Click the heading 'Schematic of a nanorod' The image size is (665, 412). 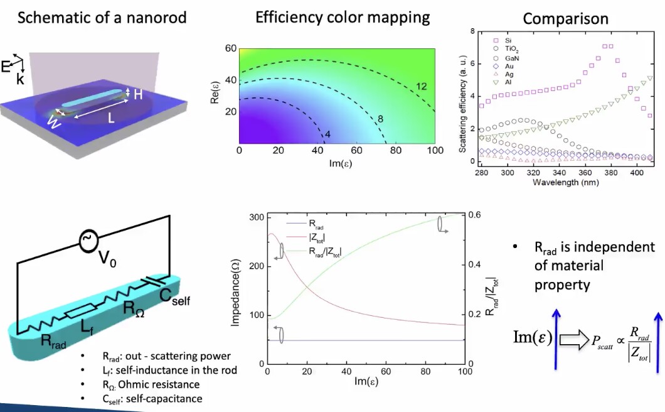click(102, 17)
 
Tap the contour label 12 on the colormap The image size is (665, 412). click(422, 86)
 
